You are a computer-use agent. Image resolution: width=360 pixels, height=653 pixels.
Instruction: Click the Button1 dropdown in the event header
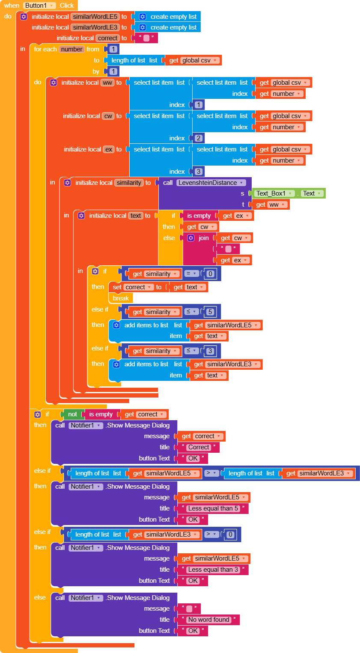pyautogui.click(x=40, y=6)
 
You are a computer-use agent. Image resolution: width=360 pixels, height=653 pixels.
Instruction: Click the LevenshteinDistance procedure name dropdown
pyautogui.click(x=211, y=183)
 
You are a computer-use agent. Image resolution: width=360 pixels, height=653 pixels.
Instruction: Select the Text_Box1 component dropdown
pyautogui.click(x=274, y=193)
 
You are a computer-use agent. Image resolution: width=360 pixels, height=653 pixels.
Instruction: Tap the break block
pyautogui.click(x=121, y=298)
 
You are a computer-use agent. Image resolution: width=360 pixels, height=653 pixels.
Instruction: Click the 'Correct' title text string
pyautogui.click(x=199, y=447)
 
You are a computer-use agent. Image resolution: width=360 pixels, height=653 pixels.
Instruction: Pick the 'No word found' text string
pyautogui.click(x=209, y=620)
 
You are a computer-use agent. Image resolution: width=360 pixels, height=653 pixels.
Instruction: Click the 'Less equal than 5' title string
pyautogui.click(x=213, y=508)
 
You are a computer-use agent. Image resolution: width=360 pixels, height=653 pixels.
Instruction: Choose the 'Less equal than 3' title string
pyautogui.click(x=213, y=570)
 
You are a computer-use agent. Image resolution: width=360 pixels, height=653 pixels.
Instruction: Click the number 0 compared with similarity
pyautogui.click(x=210, y=274)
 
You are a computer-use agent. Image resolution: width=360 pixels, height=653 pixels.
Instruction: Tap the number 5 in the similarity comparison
pyautogui.click(x=210, y=312)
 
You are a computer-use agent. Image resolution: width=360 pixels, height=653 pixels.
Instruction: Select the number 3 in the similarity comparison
pyautogui.click(x=210, y=351)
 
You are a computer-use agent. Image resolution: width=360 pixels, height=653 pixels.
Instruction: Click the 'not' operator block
pyautogui.click(x=72, y=414)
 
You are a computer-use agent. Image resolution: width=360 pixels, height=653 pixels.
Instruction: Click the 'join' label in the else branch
pyautogui.click(x=204, y=238)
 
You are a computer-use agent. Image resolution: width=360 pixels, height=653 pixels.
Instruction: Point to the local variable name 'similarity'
pyautogui.click(x=129, y=183)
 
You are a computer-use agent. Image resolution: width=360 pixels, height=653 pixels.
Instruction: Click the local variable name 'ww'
pyautogui.click(x=107, y=83)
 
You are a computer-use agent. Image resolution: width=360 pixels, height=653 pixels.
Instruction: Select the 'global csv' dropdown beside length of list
pyautogui.click(x=200, y=60)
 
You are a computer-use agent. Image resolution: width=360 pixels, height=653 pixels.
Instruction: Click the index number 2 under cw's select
pyautogui.click(x=199, y=138)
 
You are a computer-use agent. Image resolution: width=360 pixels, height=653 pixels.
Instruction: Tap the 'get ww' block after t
pyautogui.click(x=271, y=205)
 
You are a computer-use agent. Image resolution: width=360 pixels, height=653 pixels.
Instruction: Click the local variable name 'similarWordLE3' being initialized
pyautogui.click(x=95, y=27)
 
